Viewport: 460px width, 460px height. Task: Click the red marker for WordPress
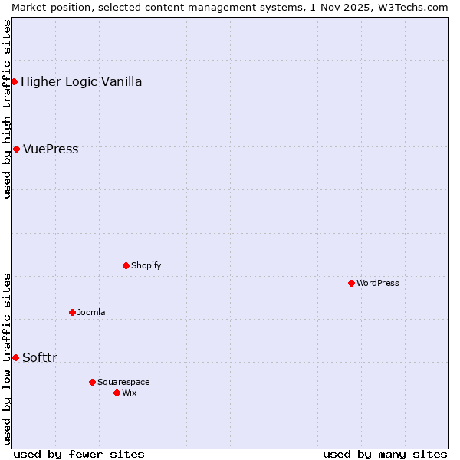click(351, 283)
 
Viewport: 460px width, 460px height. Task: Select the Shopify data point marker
click(126, 265)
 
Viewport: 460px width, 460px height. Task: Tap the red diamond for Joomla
click(72, 312)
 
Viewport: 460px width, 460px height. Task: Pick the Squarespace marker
click(92, 382)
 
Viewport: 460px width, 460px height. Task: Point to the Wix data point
click(117, 393)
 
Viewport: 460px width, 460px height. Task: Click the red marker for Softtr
click(15, 357)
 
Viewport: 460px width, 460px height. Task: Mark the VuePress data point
click(16, 149)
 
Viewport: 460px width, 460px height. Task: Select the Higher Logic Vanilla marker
click(14, 81)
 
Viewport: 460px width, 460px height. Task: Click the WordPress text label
click(378, 283)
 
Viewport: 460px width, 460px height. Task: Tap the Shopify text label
click(146, 265)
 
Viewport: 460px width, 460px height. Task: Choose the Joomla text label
click(91, 312)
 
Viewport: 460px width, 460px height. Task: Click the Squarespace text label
click(123, 382)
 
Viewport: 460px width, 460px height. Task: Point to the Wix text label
click(130, 393)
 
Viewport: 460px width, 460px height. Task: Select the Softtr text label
click(40, 357)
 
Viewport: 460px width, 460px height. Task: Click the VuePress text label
click(51, 149)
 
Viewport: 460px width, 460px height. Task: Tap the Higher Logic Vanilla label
click(81, 81)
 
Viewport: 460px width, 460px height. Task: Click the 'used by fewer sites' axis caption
click(79, 454)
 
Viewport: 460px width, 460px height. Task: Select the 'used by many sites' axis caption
click(385, 454)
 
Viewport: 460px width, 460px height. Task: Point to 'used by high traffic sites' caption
click(7, 109)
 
